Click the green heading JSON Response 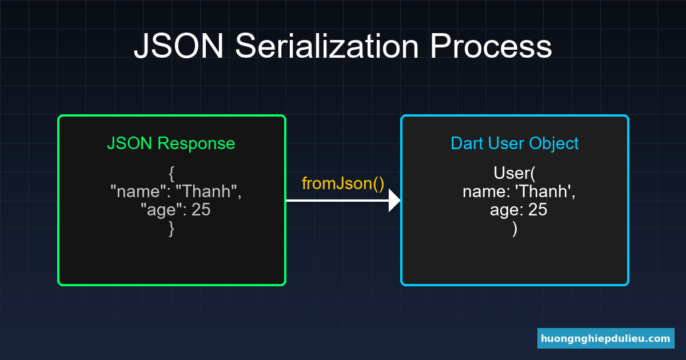pos(171,143)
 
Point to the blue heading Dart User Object pos(514,143)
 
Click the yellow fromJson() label pos(343,183)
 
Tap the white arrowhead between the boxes pos(394,201)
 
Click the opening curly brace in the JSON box pos(171,173)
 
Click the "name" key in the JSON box pos(137,191)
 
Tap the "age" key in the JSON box pos(161,210)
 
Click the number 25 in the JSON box pos(201,210)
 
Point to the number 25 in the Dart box pos(538,210)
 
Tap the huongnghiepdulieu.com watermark pos(606,338)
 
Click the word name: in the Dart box pos(486,191)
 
